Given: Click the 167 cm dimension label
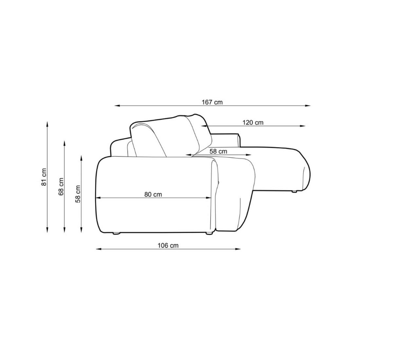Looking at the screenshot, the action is [x=212, y=102].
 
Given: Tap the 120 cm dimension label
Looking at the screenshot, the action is [x=253, y=123].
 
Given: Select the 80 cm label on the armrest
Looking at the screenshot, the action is [x=153, y=194].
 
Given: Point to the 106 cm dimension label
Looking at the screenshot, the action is [x=168, y=246].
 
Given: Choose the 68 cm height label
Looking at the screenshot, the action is [x=61, y=187].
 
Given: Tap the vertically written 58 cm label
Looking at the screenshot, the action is [x=78, y=194].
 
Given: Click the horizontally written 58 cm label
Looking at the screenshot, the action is [x=218, y=151].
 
